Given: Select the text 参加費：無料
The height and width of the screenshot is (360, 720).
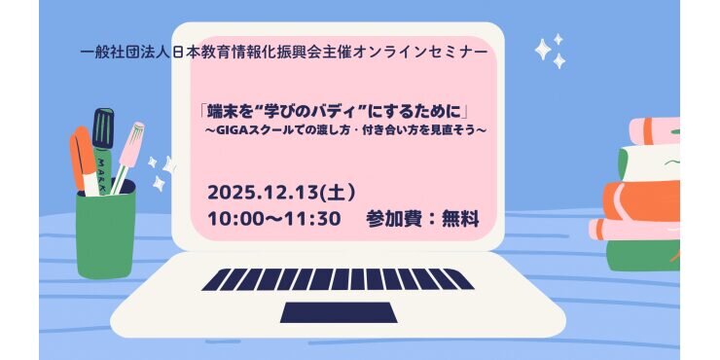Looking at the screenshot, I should (x=421, y=218).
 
